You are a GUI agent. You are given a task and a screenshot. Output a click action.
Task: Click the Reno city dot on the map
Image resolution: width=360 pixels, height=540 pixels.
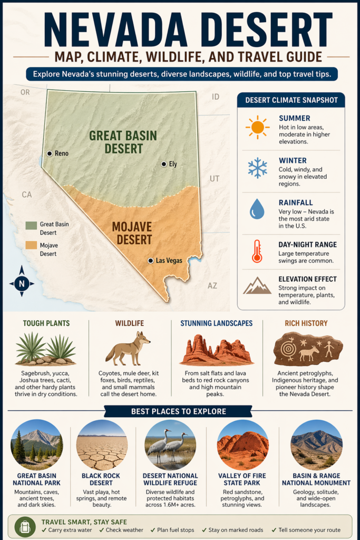click(50, 153)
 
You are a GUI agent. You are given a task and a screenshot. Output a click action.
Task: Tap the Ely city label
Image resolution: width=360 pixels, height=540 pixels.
click(172, 164)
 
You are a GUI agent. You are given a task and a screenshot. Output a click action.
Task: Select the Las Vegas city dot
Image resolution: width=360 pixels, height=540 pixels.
click(151, 261)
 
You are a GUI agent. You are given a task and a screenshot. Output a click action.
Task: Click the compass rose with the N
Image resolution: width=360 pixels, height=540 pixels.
click(22, 283)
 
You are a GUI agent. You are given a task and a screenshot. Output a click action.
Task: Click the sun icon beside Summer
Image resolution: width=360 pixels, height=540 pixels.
click(257, 127)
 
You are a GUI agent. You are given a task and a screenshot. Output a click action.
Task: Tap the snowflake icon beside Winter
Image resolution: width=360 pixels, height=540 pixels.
click(257, 168)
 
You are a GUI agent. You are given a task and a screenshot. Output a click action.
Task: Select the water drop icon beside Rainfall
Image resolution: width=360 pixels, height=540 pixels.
click(257, 209)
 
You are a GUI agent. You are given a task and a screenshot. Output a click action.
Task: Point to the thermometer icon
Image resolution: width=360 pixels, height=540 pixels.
click(257, 250)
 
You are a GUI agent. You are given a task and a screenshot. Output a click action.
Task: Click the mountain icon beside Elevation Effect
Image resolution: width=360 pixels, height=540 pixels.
click(257, 286)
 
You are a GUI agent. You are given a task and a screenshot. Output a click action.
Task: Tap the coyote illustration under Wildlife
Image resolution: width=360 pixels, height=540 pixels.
click(128, 348)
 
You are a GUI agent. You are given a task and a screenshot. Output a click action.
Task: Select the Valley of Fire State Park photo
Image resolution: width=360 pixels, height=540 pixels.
click(243, 445)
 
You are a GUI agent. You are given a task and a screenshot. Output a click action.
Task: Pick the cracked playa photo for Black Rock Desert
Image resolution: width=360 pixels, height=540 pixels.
click(102, 445)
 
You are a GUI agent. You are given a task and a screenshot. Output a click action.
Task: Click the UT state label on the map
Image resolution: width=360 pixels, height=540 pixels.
click(214, 179)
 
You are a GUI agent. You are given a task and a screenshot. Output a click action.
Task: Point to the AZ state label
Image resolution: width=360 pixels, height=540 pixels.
click(212, 285)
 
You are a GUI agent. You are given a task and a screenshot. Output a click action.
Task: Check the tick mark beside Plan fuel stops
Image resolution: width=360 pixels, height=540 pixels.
click(154, 530)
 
